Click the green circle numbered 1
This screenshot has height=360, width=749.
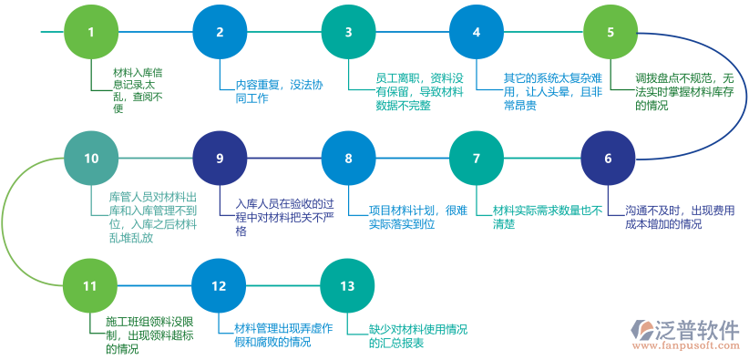[x=90, y=32]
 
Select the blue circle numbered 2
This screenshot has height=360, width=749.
[x=219, y=32]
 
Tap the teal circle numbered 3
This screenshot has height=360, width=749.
[x=347, y=32]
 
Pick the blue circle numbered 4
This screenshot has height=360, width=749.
[x=476, y=32]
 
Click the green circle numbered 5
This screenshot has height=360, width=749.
[x=610, y=32]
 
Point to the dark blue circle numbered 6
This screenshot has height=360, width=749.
[x=608, y=158]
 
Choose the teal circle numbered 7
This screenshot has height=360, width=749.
[x=476, y=158]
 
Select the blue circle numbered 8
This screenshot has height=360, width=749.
[x=347, y=158]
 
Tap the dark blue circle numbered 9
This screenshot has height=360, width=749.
[x=219, y=158]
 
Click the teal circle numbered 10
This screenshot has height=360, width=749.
[x=90, y=158]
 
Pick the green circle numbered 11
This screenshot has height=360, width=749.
[x=90, y=285]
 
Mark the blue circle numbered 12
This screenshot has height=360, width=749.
[x=219, y=285]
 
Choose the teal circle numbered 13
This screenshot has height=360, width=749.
[x=347, y=285]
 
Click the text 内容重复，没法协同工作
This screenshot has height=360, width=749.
[x=273, y=91]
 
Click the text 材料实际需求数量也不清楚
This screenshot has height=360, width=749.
[x=547, y=216]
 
